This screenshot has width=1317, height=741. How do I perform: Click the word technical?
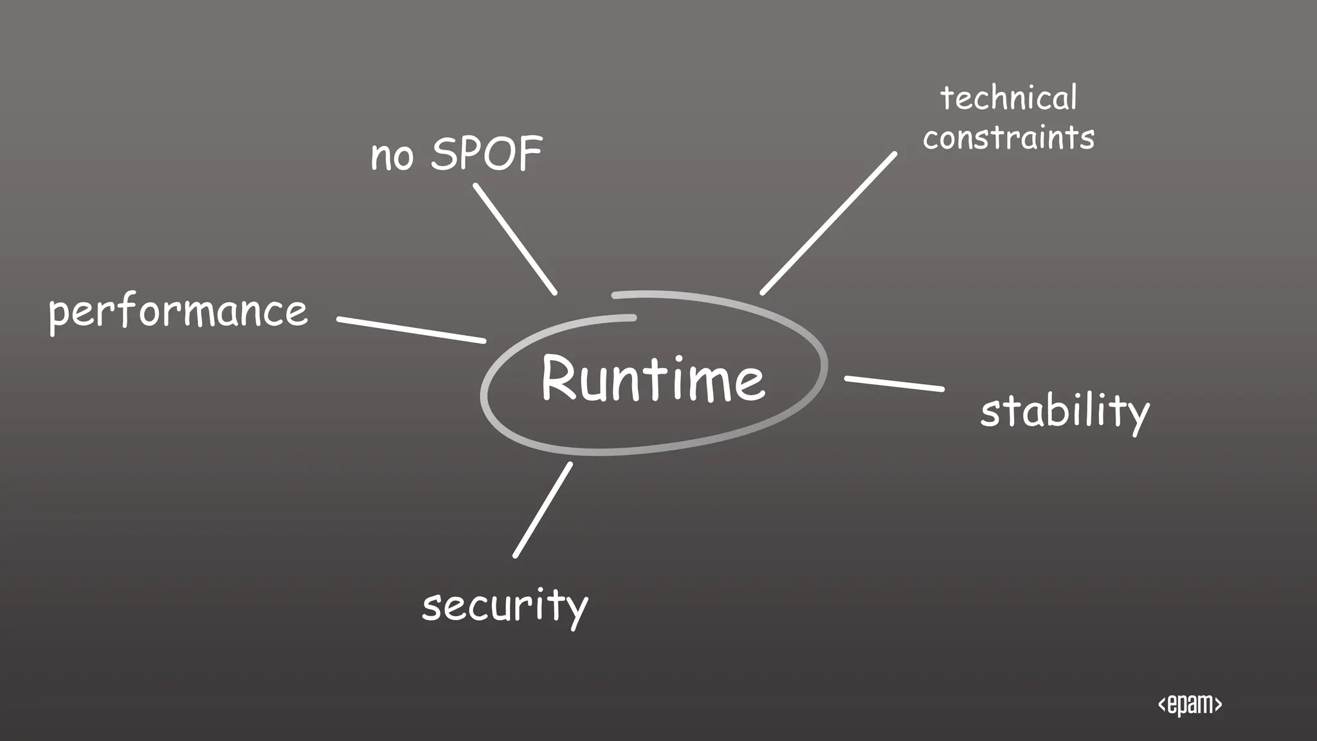pos(1008,98)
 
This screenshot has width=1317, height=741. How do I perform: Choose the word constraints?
pos(1008,138)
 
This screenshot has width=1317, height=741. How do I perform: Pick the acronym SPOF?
pos(487,154)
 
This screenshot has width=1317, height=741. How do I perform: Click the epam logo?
pos(1190,704)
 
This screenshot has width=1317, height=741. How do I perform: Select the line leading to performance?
pos(412,329)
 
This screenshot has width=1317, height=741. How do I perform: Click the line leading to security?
pos(543,510)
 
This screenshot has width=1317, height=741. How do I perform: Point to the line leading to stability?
pos(894,383)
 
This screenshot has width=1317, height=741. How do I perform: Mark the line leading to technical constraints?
pos(828,223)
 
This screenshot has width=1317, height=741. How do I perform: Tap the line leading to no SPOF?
pos(514,239)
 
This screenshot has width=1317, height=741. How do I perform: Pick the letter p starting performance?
pos(59,315)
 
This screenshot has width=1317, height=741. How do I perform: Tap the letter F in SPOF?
pos(531,154)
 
